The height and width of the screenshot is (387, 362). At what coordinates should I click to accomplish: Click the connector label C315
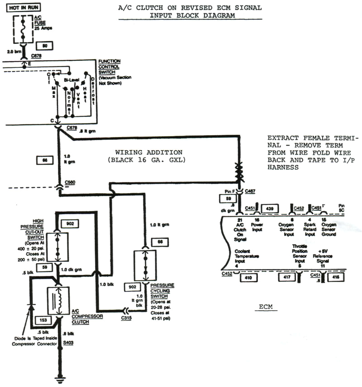click(127, 318)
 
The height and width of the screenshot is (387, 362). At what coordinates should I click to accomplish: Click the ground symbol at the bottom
click(58, 379)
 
